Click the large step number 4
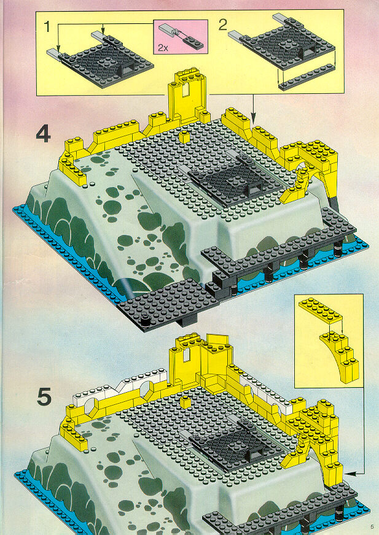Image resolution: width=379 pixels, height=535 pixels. tap(44, 135)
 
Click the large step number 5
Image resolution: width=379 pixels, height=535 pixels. tap(44, 398)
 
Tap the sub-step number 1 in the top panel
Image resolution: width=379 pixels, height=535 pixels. tap(47, 27)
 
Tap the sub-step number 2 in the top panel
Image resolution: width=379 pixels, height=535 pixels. tap(223, 25)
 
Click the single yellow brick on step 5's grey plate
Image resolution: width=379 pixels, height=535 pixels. tap(186, 402)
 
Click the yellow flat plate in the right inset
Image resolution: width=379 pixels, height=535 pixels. tap(320, 310)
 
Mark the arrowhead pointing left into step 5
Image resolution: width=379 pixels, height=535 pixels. tap(348, 474)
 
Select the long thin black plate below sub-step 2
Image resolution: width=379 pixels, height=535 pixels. tap(307, 77)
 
